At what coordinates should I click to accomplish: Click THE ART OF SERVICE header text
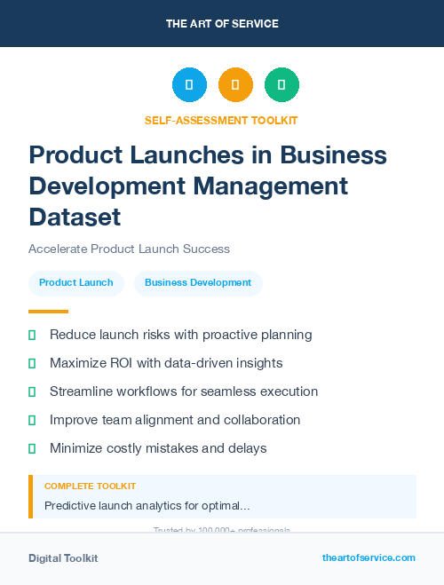click(x=222, y=24)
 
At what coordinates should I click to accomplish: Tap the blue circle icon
click(x=189, y=84)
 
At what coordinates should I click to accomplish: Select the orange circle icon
click(x=235, y=84)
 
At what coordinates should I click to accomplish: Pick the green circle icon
click(x=281, y=84)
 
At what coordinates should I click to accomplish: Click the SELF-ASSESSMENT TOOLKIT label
click(x=221, y=121)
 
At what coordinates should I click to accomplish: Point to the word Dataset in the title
click(x=75, y=216)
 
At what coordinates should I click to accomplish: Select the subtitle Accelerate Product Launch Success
click(x=129, y=249)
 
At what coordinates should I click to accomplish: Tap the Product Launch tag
click(x=76, y=282)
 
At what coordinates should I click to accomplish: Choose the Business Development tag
click(x=198, y=282)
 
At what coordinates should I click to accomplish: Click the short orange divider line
click(x=48, y=312)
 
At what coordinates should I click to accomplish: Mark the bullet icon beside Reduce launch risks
click(x=32, y=335)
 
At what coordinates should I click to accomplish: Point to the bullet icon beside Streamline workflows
click(x=32, y=391)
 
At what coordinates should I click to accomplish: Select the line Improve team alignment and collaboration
click(x=175, y=420)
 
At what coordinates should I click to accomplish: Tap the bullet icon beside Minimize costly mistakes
click(x=32, y=448)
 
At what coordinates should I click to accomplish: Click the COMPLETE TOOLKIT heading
click(x=90, y=486)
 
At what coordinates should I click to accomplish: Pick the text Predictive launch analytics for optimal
click(x=147, y=506)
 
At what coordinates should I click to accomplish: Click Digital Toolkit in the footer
click(x=63, y=558)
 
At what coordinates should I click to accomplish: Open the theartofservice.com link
click(x=369, y=557)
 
